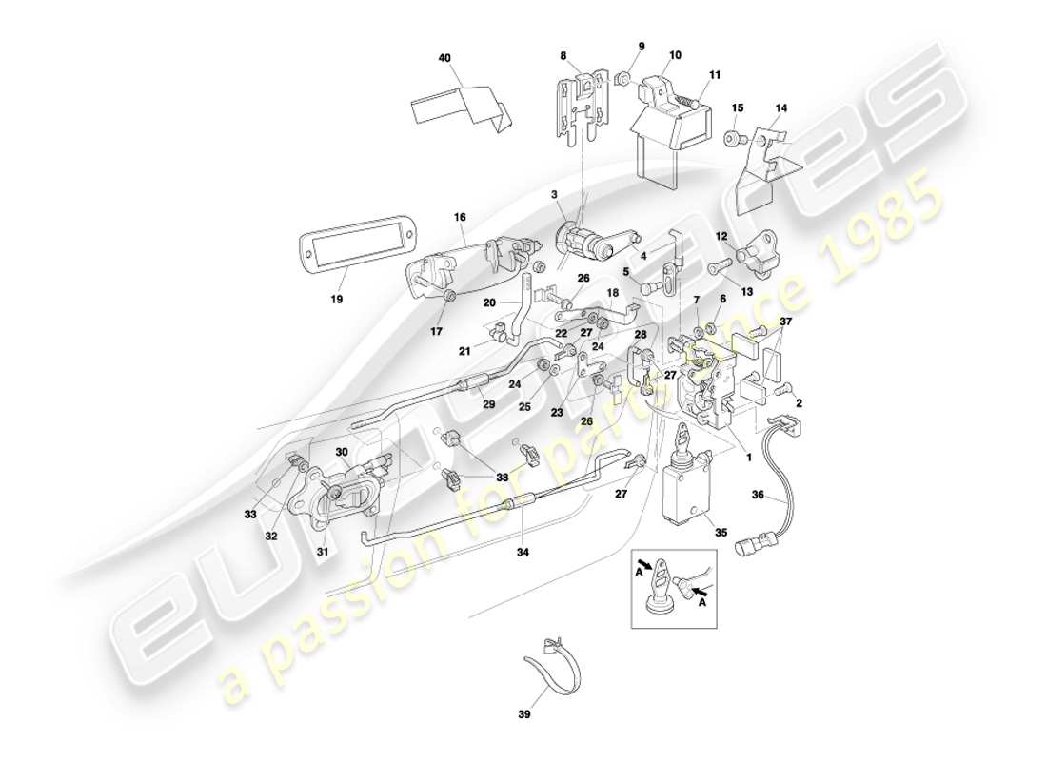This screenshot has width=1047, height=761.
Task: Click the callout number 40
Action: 444,57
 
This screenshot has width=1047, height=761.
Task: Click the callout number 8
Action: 563,56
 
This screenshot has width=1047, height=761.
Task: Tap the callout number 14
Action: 780,108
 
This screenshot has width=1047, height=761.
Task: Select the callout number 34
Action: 523,551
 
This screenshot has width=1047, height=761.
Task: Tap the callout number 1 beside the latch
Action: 749,456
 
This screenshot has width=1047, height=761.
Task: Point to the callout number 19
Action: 338,298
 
